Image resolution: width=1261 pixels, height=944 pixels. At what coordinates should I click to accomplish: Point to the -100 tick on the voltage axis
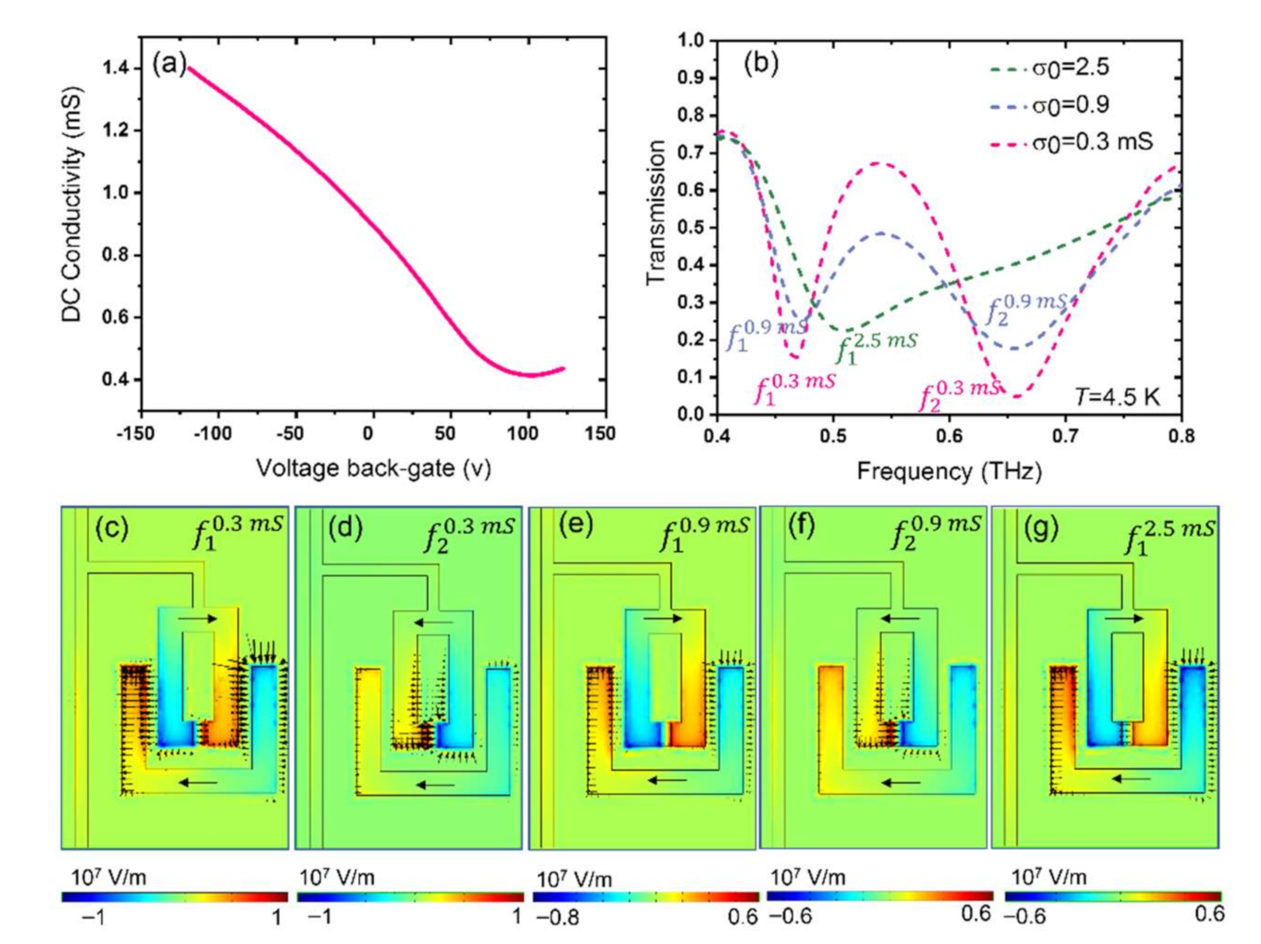click(x=212, y=433)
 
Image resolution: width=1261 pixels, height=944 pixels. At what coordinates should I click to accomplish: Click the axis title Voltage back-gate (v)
click(x=374, y=468)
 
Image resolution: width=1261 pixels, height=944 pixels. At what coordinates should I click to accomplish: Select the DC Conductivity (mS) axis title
click(x=73, y=204)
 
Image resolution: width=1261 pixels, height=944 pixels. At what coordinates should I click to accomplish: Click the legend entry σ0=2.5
click(x=1070, y=68)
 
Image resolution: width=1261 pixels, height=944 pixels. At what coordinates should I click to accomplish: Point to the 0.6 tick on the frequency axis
click(x=949, y=436)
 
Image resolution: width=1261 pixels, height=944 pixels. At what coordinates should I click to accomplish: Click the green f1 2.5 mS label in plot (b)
click(x=875, y=347)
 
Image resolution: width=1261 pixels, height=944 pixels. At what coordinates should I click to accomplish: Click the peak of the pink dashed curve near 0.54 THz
click(x=877, y=164)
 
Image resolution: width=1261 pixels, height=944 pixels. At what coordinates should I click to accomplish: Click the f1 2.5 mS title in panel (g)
click(x=1168, y=536)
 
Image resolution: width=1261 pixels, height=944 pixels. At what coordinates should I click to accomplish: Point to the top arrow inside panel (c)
click(x=197, y=619)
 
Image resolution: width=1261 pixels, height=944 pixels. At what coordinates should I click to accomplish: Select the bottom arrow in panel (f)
click(x=901, y=782)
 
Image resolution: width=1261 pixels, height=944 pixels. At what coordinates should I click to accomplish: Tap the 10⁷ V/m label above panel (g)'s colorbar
click(x=1047, y=877)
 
